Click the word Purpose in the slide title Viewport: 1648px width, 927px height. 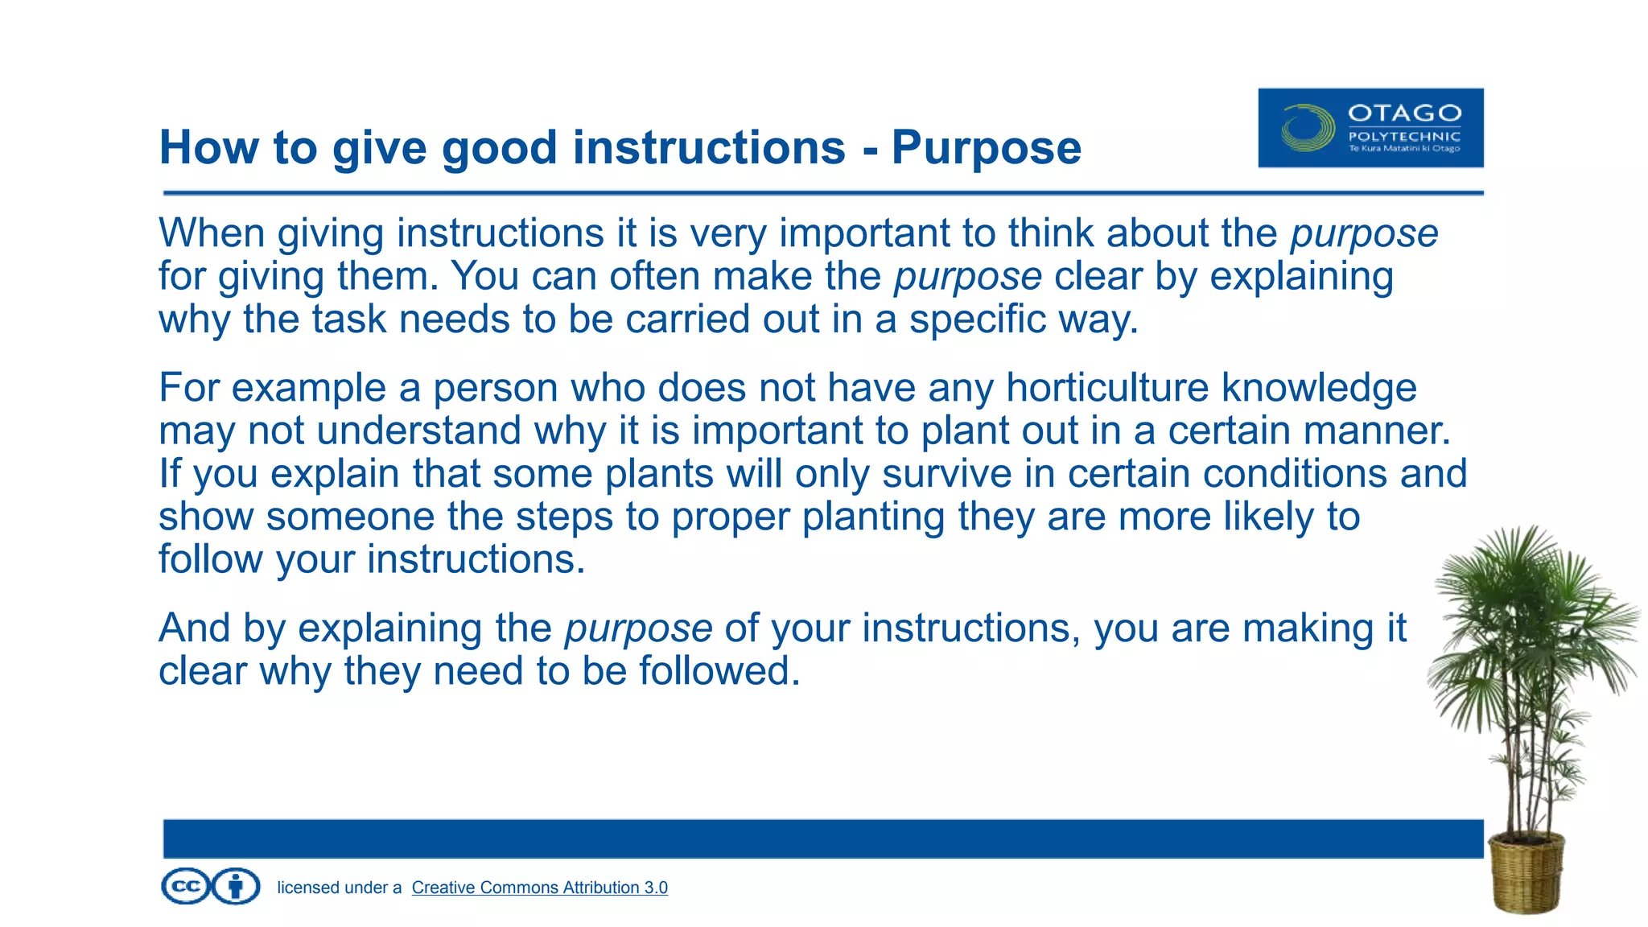tap(986, 148)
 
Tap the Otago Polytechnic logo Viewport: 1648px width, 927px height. tap(1370, 128)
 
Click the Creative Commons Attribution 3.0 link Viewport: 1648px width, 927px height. tap(539, 888)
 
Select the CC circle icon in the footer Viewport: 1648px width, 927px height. tap(186, 887)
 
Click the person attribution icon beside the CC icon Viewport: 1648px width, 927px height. tap(236, 887)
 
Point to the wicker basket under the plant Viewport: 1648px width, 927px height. tap(1526, 873)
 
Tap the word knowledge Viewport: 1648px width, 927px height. tap(1319, 388)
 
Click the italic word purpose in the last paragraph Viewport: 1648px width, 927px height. tap(638, 628)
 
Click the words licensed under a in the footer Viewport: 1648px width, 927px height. tap(339, 888)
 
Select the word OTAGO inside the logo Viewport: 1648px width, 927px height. tap(1404, 113)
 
